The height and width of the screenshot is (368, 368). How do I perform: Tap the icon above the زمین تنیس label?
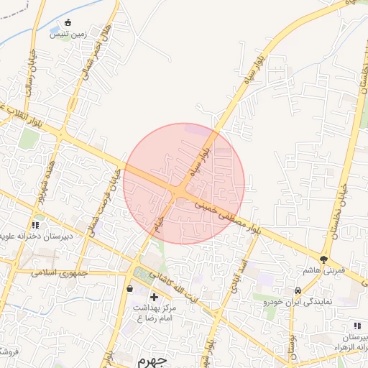click(x=68, y=22)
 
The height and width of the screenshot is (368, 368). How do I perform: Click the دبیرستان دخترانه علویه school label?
click(x=36, y=236)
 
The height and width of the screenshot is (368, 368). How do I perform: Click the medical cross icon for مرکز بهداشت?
click(x=153, y=297)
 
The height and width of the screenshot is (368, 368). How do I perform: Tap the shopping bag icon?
click(x=130, y=289)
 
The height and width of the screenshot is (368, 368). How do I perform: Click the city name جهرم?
click(x=152, y=359)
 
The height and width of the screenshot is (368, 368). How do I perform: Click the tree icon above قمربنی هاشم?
click(x=324, y=259)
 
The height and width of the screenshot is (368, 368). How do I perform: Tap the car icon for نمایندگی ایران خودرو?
click(x=298, y=290)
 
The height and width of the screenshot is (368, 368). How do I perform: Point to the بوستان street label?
click(x=293, y=344)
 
